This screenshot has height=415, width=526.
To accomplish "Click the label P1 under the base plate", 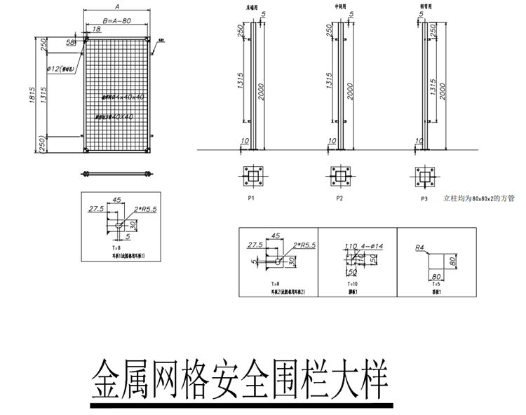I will click(x=250, y=199).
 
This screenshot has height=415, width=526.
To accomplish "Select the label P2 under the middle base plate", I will click(x=339, y=199).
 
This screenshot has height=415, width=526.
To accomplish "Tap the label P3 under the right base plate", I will click(x=424, y=200).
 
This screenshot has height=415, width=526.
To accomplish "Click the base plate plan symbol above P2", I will click(x=339, y=175).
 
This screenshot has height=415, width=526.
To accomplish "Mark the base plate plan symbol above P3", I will click(x=424, y=175).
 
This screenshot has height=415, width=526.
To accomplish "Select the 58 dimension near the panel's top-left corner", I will click(x=70, y=43).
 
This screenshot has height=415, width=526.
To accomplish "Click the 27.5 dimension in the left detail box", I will click(x=95, y=209).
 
